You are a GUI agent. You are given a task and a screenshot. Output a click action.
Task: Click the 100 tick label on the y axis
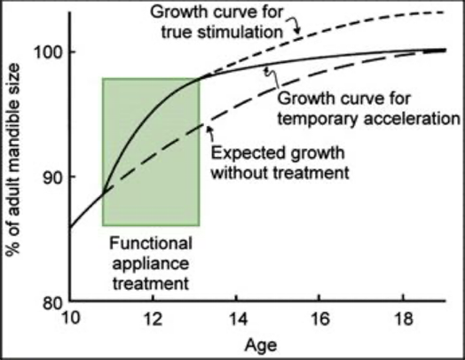point(48,53)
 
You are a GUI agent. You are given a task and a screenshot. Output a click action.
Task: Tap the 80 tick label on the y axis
point(53,303)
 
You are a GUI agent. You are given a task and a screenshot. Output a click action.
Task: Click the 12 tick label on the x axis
point(153,319)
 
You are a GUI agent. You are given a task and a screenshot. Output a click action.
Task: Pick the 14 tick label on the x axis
point(236,319)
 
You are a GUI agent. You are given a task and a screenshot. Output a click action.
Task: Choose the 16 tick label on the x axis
point(319,319)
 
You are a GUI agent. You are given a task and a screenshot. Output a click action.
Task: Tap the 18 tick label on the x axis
point(403,319)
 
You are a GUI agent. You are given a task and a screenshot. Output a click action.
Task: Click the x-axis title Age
point(261,346)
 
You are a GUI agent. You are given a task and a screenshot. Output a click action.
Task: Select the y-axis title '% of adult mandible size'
point(12,160)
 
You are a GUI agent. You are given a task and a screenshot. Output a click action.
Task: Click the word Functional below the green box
point(151,244)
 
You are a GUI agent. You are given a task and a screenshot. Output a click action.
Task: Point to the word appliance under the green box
point(151,263)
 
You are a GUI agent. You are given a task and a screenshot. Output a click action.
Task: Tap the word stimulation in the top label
point(240,32)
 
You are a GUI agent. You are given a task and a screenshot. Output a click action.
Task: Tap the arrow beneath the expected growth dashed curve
point(211,134)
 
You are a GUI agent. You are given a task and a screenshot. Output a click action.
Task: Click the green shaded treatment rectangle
point(151,152)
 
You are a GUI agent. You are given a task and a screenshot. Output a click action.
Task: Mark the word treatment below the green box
point(151,283)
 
